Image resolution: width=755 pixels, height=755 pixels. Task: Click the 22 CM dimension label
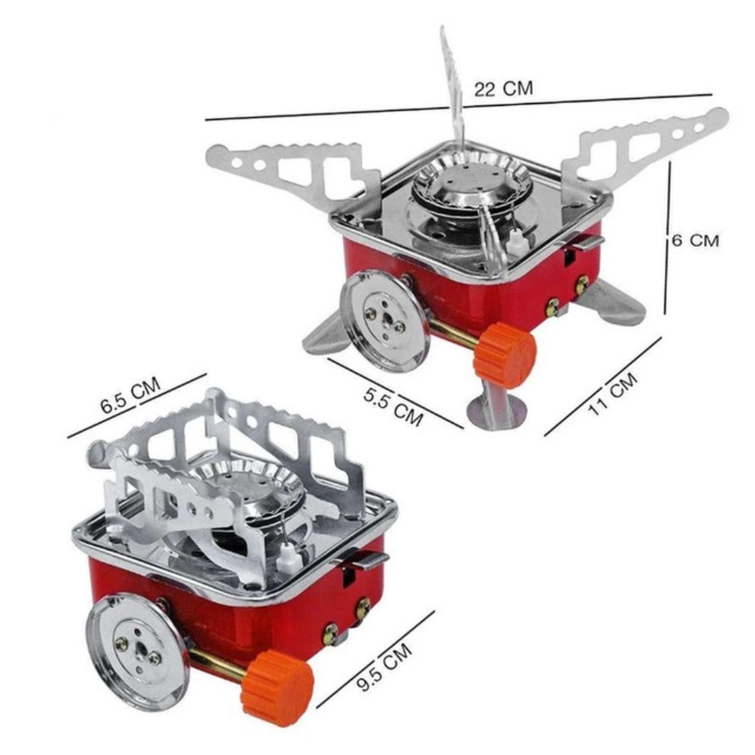click(x=503, y=89)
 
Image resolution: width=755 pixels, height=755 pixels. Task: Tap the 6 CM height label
click(x=695, y=240)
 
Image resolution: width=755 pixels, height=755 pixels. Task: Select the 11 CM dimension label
click(x=613, y=394)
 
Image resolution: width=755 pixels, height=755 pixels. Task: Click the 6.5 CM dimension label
click(x=131, y=396)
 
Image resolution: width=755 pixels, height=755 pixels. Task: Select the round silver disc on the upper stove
click(x=384, y=320)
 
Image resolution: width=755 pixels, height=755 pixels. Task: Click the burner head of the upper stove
click(x=466, y=180)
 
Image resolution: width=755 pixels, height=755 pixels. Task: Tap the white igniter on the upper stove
click(x=516, y=243)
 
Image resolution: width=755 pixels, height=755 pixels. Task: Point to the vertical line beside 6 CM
click(x=668, y=238)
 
